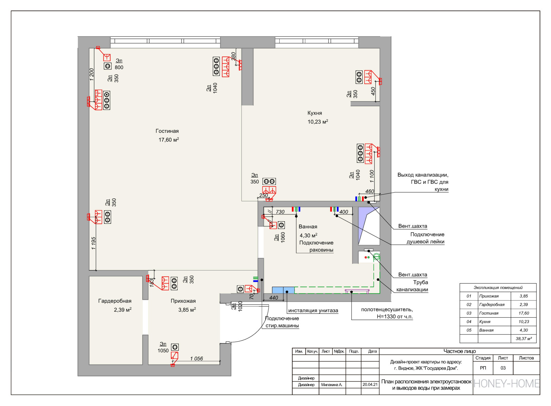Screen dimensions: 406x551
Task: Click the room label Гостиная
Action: click(167, 131)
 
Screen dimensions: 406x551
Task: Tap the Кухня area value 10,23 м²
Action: click(318, 122)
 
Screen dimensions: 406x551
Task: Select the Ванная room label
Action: click(308, 227)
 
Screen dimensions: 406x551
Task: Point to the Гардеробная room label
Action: click(115, 301)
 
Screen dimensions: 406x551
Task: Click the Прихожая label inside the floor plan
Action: click(183, 301)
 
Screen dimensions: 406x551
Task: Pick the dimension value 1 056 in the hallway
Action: click(196, 359)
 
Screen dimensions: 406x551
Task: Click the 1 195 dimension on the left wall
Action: click(93, 243)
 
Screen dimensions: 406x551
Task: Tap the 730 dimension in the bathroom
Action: click(280, 212)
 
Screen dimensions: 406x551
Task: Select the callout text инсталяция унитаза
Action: click(313, 310)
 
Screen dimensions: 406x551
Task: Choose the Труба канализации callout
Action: click(413, 286)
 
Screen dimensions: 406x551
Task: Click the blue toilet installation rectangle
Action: click(283, 290)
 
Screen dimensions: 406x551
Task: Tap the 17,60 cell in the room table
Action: click(523, 313)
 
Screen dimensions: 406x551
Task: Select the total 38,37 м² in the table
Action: click(523, 339)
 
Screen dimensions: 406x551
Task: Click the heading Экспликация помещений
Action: click(498, 288)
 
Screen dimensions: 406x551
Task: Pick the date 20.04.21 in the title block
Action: click(370, 385)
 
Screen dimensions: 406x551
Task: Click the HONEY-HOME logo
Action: click(506, 384)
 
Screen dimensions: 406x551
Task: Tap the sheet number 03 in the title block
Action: click(503, 368)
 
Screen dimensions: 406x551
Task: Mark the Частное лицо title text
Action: click(459, 351)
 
